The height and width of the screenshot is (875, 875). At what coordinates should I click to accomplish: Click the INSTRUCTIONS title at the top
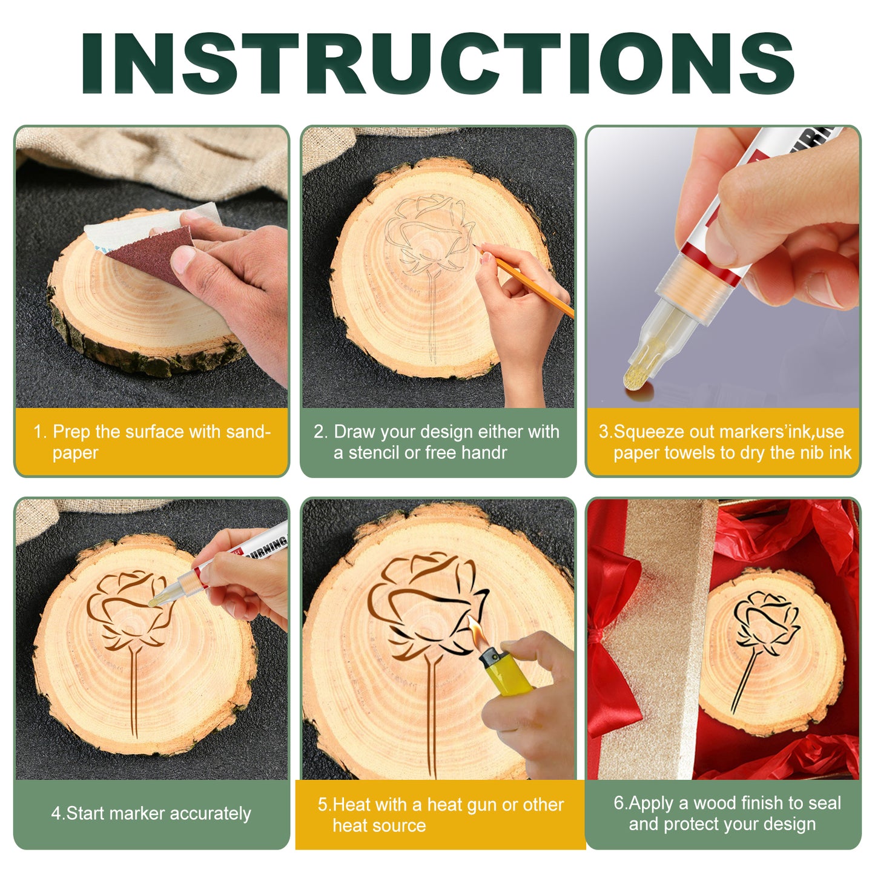click(x=437, y=63)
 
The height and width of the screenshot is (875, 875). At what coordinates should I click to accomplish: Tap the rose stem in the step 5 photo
click(x=432, y=715)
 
